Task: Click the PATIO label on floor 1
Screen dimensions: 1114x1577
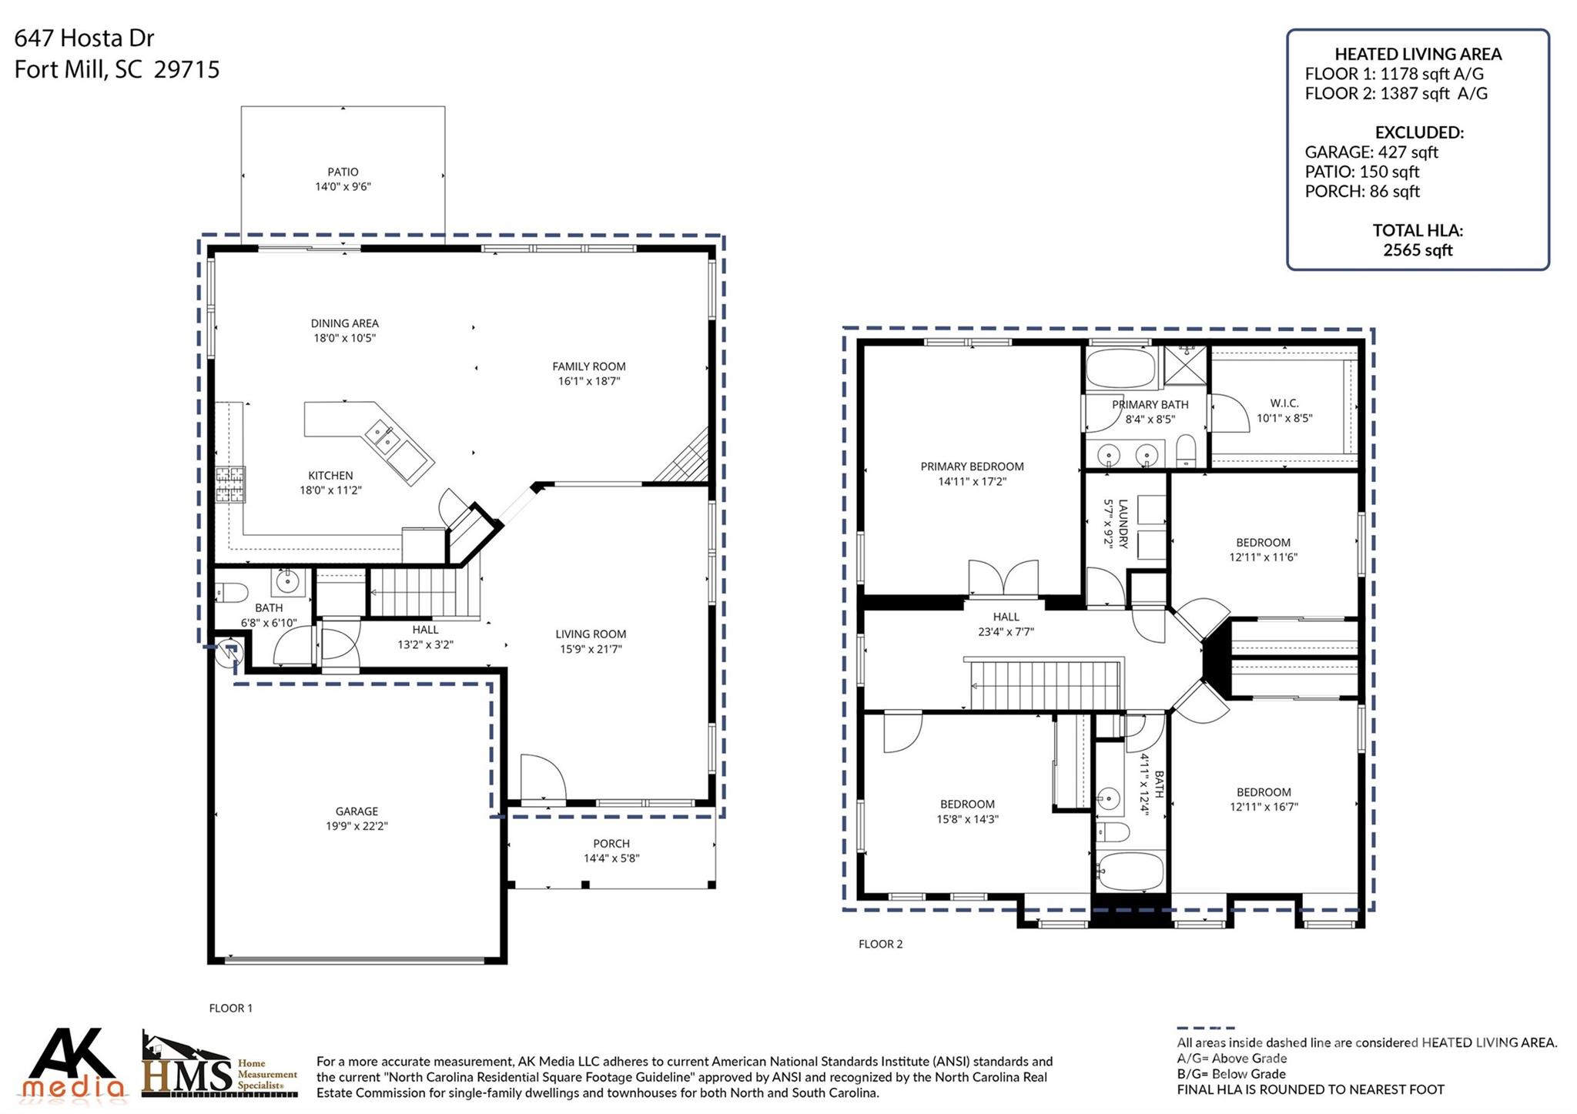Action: point(343,172)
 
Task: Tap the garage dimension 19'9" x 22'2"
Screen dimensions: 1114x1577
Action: point(357,826)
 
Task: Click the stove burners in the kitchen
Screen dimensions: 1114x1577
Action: point(229,484)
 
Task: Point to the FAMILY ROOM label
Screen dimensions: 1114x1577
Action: point(588,366)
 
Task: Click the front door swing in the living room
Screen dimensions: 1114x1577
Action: point(542,779)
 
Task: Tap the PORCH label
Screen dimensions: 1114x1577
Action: point(611,844)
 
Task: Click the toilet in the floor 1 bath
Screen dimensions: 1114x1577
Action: point(232,593)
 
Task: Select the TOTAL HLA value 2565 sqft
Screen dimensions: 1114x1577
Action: point(1417,250)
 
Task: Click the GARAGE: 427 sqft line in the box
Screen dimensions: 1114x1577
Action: point(1371,152)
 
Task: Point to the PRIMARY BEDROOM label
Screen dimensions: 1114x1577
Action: point(972,467)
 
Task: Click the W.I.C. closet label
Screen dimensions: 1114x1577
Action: point(1284,403)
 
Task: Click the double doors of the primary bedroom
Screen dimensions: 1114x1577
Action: point(1003,579)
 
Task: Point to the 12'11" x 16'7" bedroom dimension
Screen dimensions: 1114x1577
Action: point(1264,807)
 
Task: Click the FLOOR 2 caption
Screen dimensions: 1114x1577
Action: point(880,944)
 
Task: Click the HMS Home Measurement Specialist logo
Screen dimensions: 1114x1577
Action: point(219,1066)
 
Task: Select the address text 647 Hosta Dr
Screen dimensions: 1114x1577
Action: point(85,38)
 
